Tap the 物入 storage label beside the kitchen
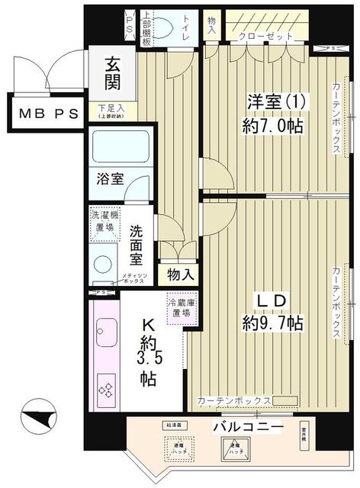[181, 273]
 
